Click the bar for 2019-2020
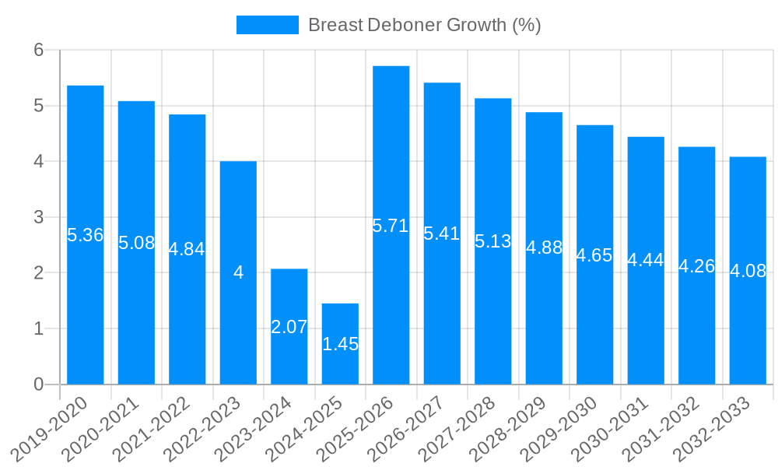tap(86, 311)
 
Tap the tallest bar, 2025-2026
tap(391, 304)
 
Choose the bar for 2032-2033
tap(748, 327)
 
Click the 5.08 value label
tap(137, 243)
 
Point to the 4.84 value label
tap(187, 249)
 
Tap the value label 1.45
tap(340, 344)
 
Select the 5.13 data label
tap(493, 241)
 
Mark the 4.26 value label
tap(697, 265)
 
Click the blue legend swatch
tap(268, 25)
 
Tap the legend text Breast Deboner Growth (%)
tap(424, 25)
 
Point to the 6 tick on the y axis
tap(40, 50)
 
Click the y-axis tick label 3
tap(40, 217)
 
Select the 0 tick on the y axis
tap(40, 384)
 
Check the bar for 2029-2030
tap(595, 327)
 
